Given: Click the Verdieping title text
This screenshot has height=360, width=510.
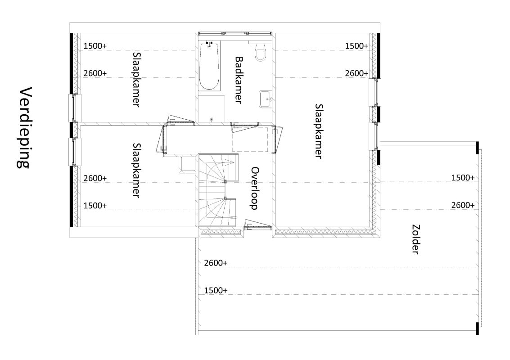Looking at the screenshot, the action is (24, 127).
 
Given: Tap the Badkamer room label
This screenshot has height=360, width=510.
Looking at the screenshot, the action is (239, 81).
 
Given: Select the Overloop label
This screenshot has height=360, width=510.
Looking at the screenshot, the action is (255, 188).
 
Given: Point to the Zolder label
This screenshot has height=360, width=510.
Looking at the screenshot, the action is (415, 239).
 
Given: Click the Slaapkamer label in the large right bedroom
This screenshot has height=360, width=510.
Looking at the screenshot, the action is (319, 131).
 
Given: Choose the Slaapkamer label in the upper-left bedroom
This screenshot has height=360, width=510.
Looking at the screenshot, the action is (136, 79).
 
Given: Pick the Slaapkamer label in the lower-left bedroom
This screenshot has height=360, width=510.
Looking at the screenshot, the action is (136, 171).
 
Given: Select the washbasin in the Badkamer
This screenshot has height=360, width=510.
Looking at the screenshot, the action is (266, 99).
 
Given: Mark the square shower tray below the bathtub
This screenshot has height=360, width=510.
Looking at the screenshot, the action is (212, 109).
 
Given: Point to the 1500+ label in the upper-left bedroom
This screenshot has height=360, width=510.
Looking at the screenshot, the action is (95, 46).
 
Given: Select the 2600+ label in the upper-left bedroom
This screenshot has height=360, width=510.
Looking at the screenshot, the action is (95, 73).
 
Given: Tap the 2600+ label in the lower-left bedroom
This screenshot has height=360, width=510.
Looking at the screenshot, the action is (95, 178).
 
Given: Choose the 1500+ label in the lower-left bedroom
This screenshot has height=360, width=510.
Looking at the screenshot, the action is (95, 206).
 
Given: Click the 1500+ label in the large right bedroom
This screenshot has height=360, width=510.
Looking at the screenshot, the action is (357, 46).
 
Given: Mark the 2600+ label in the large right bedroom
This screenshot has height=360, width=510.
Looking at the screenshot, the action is (357, 73).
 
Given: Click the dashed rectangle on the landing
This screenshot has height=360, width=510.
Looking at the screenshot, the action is (250, 139).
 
